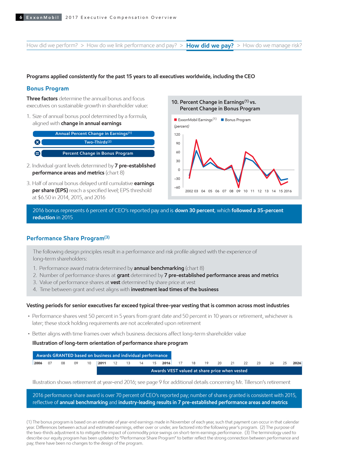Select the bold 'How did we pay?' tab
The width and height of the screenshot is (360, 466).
click(210, 46)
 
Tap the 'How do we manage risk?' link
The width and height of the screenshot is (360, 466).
click(272, 45)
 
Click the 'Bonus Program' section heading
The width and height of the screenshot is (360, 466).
click(47, 89)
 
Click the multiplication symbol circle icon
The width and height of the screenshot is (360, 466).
click(36, 142)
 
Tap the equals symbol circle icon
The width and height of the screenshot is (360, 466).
click(36, 153)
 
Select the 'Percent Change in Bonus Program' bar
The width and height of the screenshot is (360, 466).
click(98, 153)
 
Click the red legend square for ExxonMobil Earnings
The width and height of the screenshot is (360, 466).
click(175, 120)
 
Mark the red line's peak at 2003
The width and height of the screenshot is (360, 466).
click(196, 140)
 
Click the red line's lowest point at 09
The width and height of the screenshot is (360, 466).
click(238, 187)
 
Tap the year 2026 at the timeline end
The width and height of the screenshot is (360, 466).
click(297, 363)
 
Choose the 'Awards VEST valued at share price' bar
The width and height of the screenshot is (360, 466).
click(199, 371)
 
